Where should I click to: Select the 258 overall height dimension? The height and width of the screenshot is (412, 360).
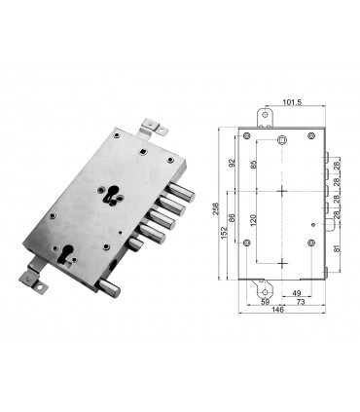[x=216, y=208]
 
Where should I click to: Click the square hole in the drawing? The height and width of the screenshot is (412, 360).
[x=281, y=142]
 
